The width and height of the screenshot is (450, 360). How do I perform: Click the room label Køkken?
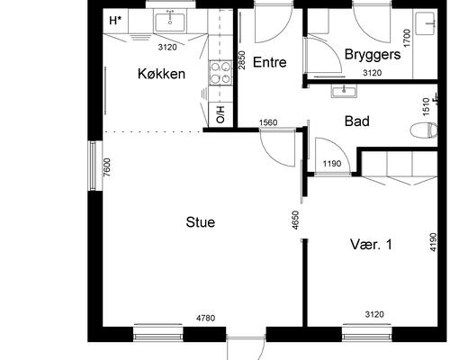pyautogui.click(x=162, y=74)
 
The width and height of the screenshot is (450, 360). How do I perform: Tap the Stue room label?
pyautogui.click(x=200, y=222)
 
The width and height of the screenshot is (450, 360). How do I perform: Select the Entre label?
pyautogui.click(x=269, y=62)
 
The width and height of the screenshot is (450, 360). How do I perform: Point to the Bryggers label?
pyautogui.click(x=370, y=55)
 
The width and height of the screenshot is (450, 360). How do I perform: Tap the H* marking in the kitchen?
pyautogui.click(x=115, y=20)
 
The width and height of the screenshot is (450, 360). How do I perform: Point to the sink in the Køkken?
pyautogui.click(x=169, y=20)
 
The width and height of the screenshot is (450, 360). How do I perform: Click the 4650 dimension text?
pyautogui.click(x=296, y=220)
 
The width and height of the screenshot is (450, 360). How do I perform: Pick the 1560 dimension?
pyautogui.click(x=267, y=122)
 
